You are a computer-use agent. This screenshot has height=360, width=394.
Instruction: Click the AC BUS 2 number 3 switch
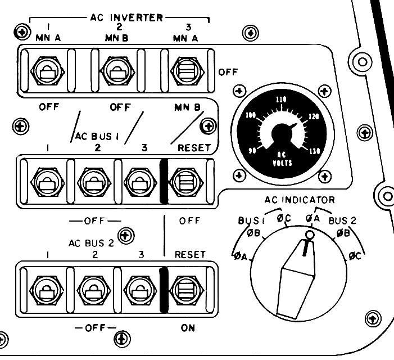pos(137,288)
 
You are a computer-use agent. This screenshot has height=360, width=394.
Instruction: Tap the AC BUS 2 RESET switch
pos(185,288)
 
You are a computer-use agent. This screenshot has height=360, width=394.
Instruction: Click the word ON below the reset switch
pos(188,328)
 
